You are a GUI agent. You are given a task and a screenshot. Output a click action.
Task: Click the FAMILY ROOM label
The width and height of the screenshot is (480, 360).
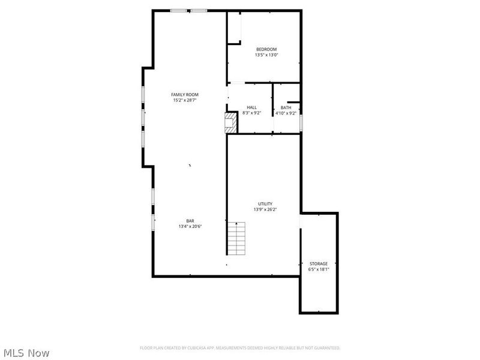pos(184,95)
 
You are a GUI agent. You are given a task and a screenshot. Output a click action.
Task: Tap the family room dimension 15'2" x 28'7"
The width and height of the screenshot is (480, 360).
pos(184,101)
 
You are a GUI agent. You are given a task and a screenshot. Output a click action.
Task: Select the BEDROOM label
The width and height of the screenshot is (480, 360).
pos(266,49)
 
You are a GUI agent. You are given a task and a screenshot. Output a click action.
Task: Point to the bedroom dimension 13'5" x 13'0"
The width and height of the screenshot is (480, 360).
pos(266,55)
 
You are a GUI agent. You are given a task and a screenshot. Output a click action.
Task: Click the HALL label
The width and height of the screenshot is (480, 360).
pos(251,107)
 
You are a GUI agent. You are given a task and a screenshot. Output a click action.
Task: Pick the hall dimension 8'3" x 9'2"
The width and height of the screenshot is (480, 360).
pos(251,113)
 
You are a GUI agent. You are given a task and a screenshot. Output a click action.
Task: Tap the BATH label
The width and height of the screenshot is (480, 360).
pos(286,107)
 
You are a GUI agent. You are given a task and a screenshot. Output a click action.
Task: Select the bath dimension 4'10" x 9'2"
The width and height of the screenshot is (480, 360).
pos(286,113)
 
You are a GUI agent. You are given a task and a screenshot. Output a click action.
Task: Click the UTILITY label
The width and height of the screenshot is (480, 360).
pos(265,204)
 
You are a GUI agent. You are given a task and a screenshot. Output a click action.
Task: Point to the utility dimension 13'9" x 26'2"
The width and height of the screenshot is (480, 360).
pos(265,209)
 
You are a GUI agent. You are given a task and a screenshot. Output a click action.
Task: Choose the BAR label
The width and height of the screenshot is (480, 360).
pos(190,221)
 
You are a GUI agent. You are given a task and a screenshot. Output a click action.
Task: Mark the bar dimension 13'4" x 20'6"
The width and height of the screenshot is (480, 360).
pos(190,227)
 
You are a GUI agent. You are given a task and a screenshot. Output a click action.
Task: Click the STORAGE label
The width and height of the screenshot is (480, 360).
pos(319,264)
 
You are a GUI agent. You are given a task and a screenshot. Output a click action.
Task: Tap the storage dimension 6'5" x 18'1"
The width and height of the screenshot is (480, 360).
pos(319,270)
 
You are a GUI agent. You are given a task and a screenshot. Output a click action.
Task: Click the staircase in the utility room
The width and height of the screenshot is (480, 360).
pos(236,238)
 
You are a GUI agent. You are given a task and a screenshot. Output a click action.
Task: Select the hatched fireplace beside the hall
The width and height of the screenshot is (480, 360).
pos(231,122)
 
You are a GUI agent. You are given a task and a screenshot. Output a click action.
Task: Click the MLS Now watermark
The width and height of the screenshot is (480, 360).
pos(26,353)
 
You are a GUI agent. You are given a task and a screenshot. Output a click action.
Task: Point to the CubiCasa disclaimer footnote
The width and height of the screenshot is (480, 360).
pos(240,347)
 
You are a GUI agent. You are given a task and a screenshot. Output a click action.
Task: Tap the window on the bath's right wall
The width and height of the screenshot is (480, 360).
pos(301,122)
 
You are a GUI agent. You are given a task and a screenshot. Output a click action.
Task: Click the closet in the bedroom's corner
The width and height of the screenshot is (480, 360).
pos(233,28)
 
